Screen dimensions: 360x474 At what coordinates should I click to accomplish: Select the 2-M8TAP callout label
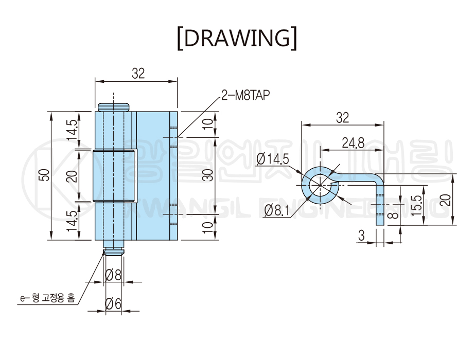(245, 96)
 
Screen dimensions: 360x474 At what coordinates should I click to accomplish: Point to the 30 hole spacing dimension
(207, 176)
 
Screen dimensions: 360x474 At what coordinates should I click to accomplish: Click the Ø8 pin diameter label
(113, 275)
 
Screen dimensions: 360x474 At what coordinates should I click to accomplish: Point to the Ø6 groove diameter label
(113, 304)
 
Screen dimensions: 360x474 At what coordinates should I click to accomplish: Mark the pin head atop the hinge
(113, 106)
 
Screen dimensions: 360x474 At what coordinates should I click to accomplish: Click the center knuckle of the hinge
(114, 176)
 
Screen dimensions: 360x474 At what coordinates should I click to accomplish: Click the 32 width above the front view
(137, 74)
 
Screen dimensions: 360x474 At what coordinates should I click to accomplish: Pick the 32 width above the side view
(342, 118)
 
